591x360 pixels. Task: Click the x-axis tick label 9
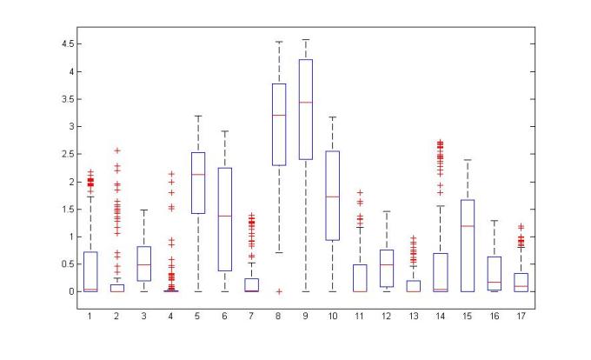point(306,316)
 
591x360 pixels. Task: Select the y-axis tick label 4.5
point(63,43)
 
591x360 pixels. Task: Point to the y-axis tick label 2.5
point(63,154)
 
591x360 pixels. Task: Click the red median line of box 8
point(279,115)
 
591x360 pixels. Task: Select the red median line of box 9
point(306,102)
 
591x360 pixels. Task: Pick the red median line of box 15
point(468,225)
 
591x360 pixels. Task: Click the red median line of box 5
point(198,175)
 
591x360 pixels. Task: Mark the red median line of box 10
point(333,197)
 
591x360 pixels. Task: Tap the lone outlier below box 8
point(279,291)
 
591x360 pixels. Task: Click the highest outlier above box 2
point(117,150)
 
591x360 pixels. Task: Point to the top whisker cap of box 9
point(306,39)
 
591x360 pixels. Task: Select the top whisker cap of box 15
point(468,160)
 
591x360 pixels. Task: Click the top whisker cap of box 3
point(144,210)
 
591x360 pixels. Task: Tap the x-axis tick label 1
point(90,316)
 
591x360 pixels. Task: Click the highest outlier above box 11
point(360,192)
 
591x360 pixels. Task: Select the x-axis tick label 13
point(414,316)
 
